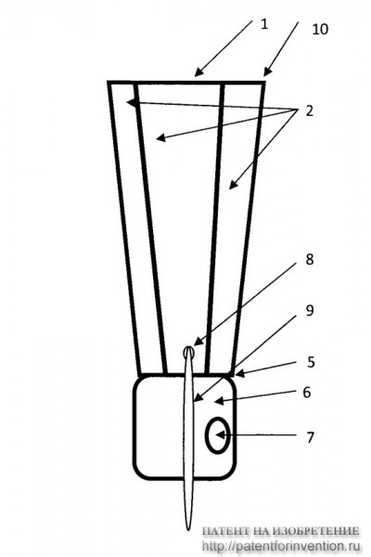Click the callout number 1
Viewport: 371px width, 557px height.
point(263,24)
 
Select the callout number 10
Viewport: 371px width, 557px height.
point(320,29)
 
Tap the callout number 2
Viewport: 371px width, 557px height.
point(310,110)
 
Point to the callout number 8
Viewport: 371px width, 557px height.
point(310,259)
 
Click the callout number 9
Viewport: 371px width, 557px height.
point(310,310)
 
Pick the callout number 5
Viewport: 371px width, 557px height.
point(311,362)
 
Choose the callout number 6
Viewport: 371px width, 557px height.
point(307,392)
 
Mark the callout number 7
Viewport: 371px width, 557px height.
point(311,437)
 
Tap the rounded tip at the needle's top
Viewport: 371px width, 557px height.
point(189,349)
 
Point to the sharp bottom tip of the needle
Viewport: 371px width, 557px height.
point(189,528)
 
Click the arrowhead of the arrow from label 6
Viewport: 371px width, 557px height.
point(219,401)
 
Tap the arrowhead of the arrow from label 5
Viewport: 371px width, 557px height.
point(238,373)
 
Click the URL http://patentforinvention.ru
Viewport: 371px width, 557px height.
point(281,546)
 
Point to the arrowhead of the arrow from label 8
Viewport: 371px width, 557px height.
point(198,343)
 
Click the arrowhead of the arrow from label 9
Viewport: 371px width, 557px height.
point(198,398)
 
